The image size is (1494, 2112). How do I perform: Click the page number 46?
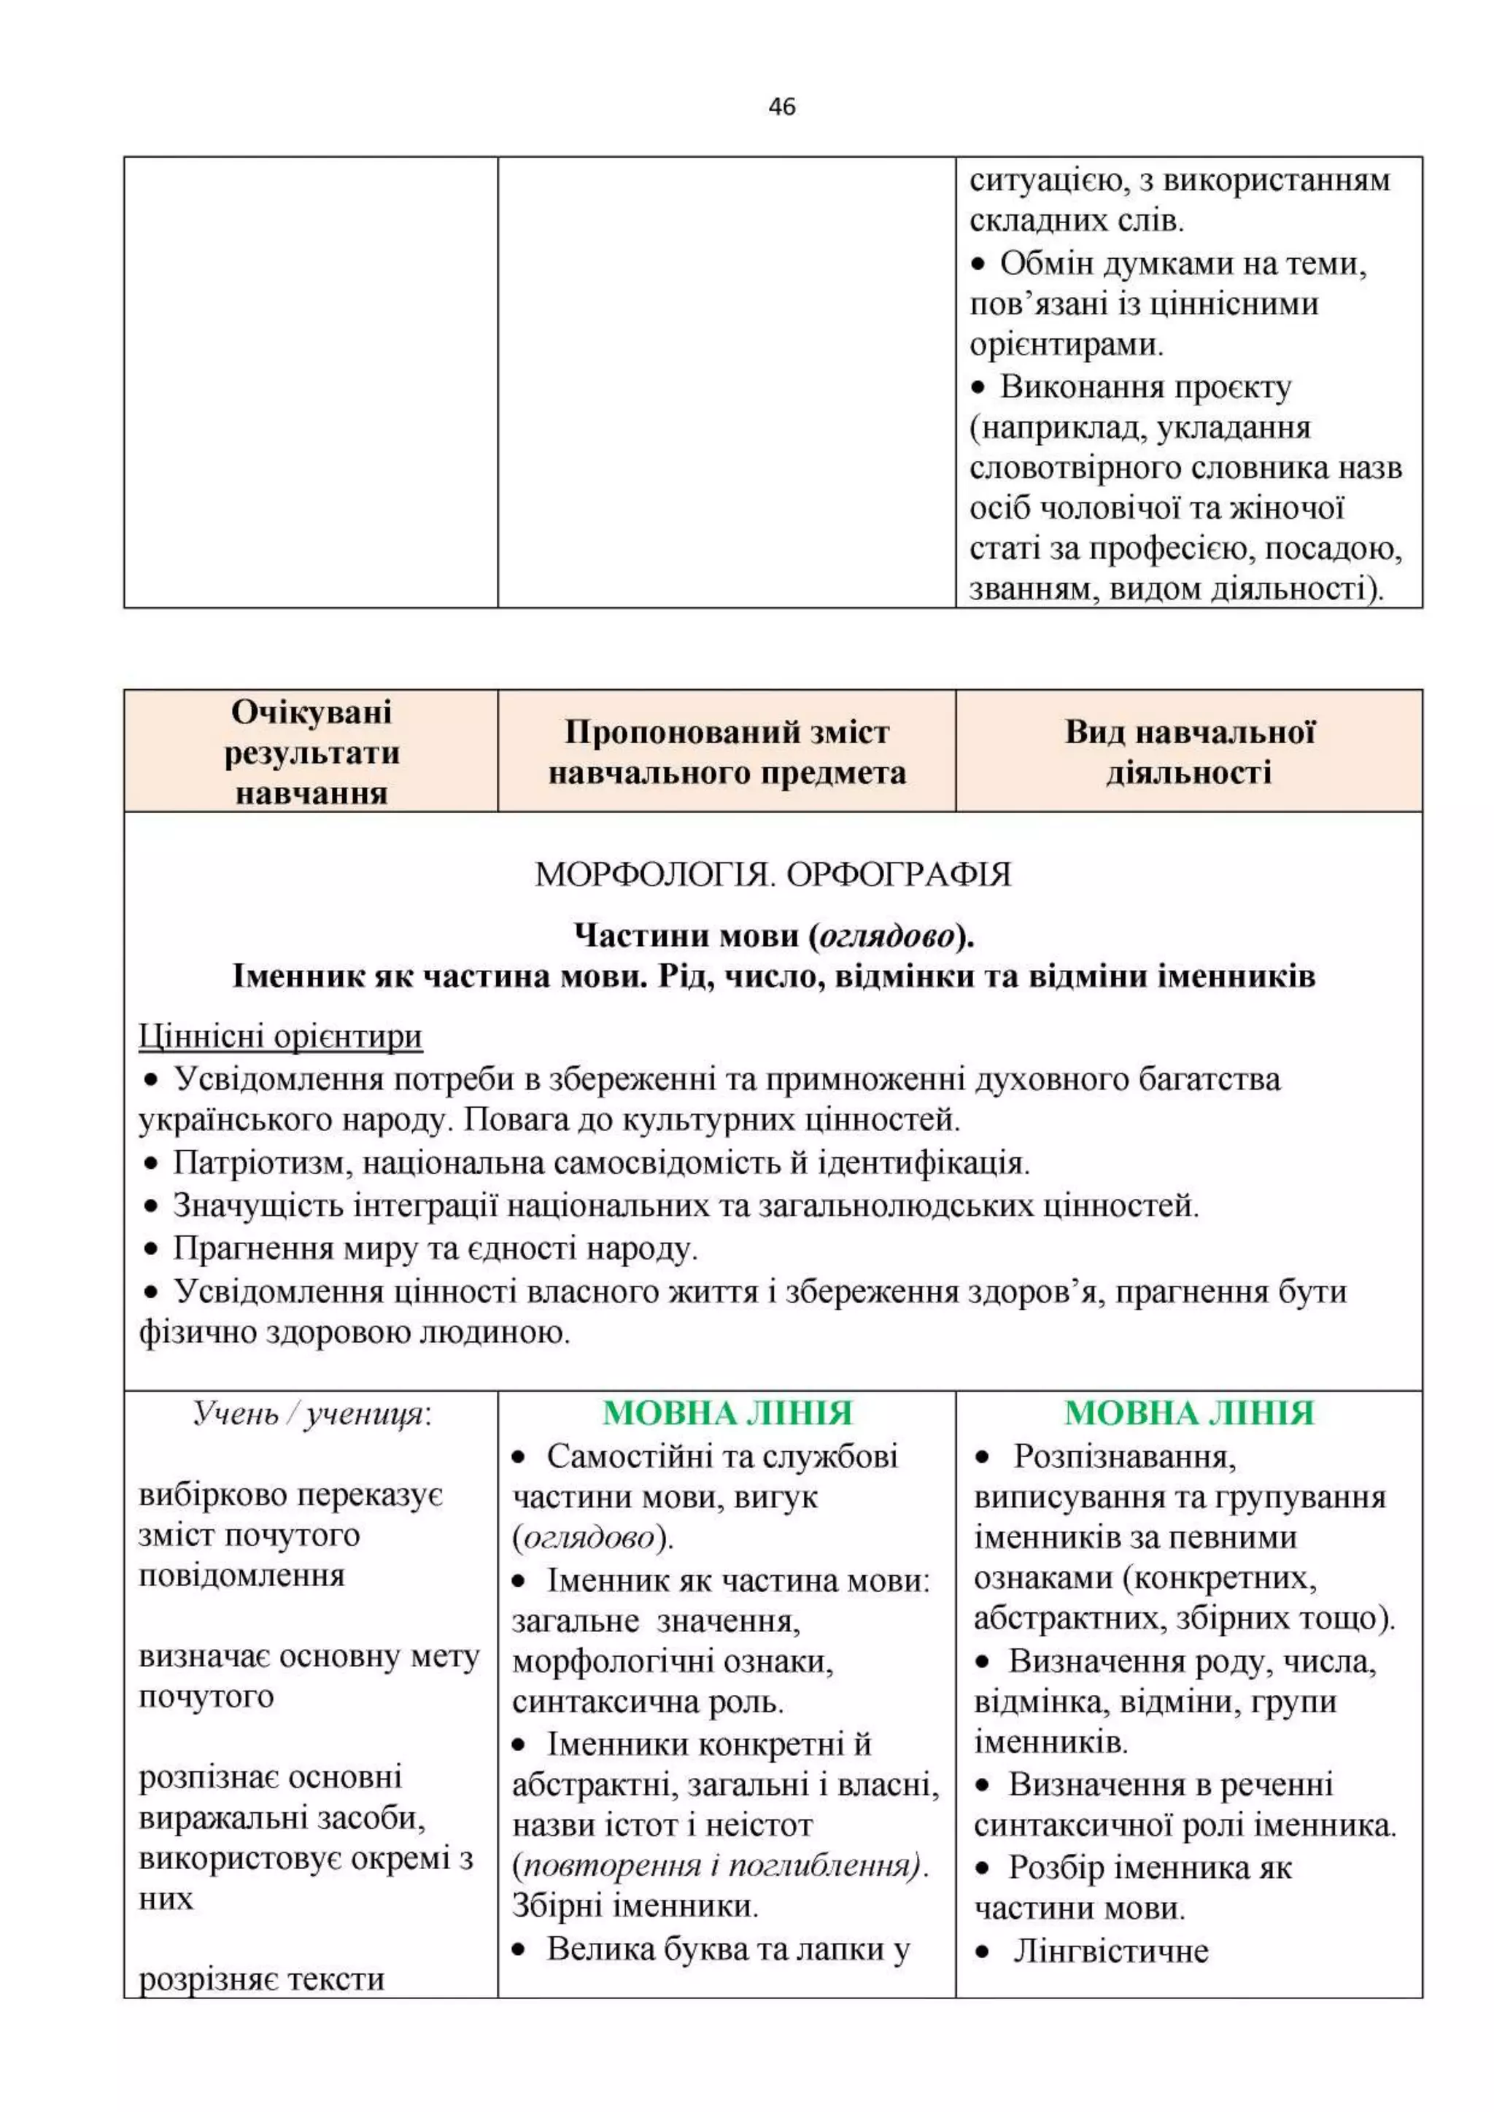click(781, 106)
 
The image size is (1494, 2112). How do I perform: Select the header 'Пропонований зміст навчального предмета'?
click(727, 752)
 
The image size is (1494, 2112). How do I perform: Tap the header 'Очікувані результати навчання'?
click(311, 752)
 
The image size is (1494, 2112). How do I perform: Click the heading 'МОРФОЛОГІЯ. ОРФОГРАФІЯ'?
click(773, 874)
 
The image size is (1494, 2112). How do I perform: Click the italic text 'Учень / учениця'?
click(311, 1414)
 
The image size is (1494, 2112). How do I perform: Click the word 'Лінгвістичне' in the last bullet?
click(1110, 1950)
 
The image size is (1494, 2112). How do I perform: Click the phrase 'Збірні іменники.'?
click(635, 1905)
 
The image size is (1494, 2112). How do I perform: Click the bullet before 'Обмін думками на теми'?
click(979, 265)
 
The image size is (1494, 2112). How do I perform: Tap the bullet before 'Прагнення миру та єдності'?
click(152, 1249)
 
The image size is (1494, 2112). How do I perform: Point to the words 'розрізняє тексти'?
click(261, 1979)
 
